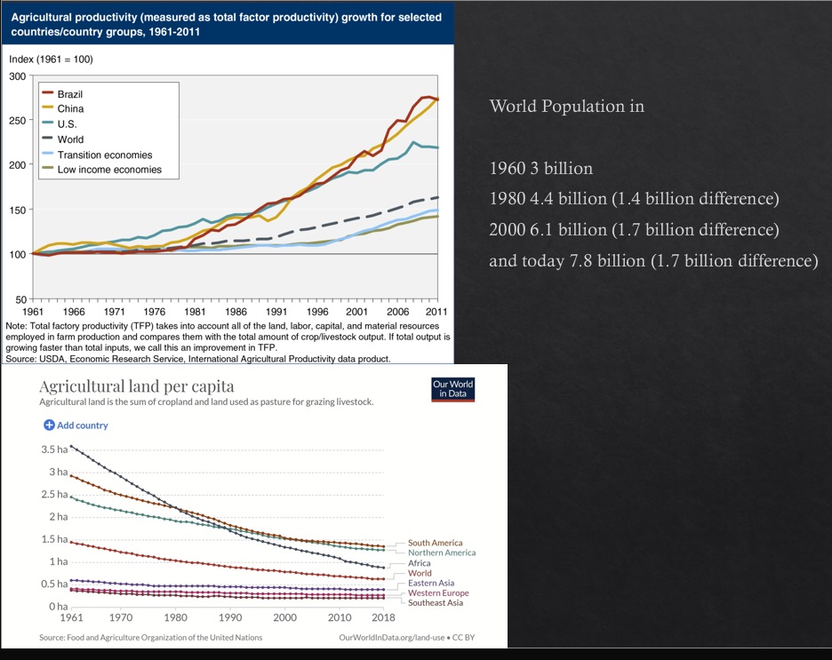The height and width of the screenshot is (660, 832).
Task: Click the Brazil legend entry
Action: [69, 94]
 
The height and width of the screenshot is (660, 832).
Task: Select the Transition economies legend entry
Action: [104, 155]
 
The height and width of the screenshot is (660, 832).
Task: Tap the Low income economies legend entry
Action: [109, 170]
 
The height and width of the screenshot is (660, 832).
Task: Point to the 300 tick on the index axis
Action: [18, 76]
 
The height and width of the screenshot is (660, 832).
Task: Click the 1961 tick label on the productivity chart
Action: [33, 313]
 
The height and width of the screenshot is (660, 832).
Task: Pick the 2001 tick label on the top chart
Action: [356, 313]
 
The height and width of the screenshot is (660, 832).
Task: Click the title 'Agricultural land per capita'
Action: [137, 386]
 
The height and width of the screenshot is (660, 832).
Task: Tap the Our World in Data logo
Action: [452, 390]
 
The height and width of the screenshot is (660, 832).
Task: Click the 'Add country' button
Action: [76, 425]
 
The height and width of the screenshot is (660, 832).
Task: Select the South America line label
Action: [435, 543]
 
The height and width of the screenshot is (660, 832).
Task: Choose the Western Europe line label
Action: [438, 593]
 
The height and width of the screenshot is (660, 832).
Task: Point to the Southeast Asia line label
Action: [435, 603]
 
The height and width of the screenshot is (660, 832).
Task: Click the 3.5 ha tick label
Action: [54, 449]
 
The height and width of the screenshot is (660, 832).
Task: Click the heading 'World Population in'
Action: [567, 107]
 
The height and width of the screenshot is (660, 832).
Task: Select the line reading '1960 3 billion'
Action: [541, 168]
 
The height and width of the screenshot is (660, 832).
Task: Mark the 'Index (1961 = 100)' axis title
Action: [51, 60]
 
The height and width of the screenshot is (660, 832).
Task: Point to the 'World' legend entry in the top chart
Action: [70, 139]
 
